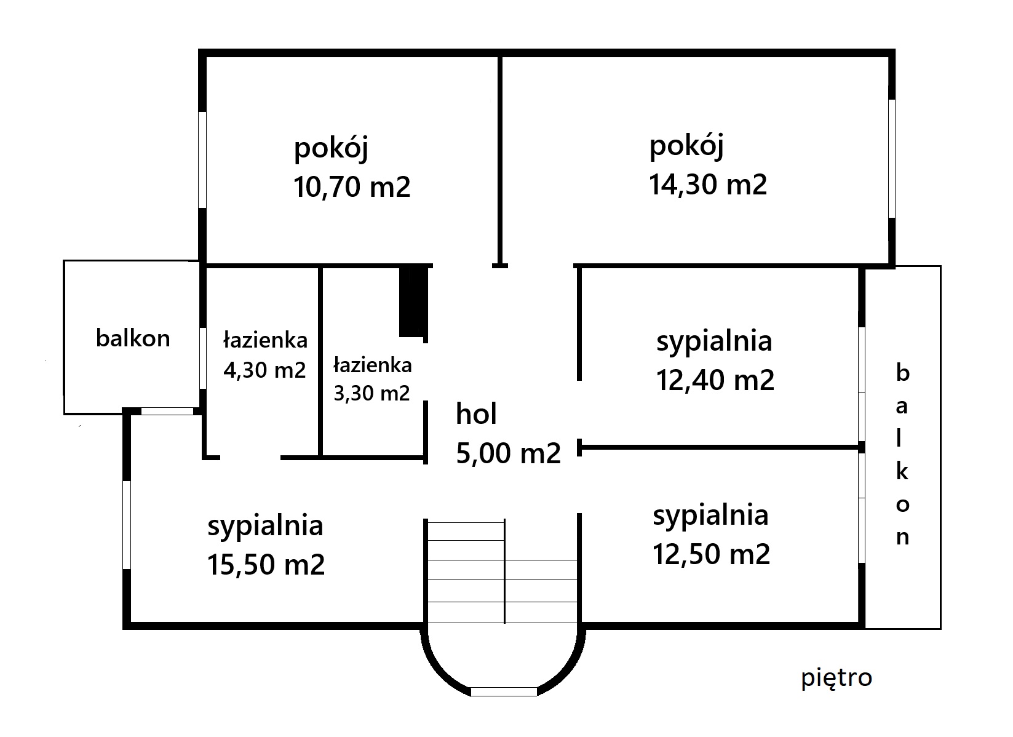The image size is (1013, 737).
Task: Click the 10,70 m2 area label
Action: point(352,187)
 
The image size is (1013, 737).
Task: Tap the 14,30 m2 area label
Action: point(708,185)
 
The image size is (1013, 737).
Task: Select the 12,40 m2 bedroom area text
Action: point(715,380)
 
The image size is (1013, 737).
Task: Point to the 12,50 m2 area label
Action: point(711,554)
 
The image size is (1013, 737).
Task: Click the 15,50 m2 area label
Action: point(266,565)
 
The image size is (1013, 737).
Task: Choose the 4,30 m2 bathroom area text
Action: point(264,370)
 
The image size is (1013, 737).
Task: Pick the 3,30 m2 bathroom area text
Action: point(371,393)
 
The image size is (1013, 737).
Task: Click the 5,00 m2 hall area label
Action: point(508,453)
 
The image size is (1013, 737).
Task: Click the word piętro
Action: point(836,678)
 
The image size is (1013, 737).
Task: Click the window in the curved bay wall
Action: point(504,691)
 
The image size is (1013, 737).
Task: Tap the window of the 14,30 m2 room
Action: point(892,158)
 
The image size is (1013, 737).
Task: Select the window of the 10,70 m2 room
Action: point(202,160)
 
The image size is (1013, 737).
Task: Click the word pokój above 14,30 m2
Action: point(686,146)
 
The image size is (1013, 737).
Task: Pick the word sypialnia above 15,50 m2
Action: point(266,527)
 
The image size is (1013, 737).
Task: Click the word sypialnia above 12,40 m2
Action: point(714,342)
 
